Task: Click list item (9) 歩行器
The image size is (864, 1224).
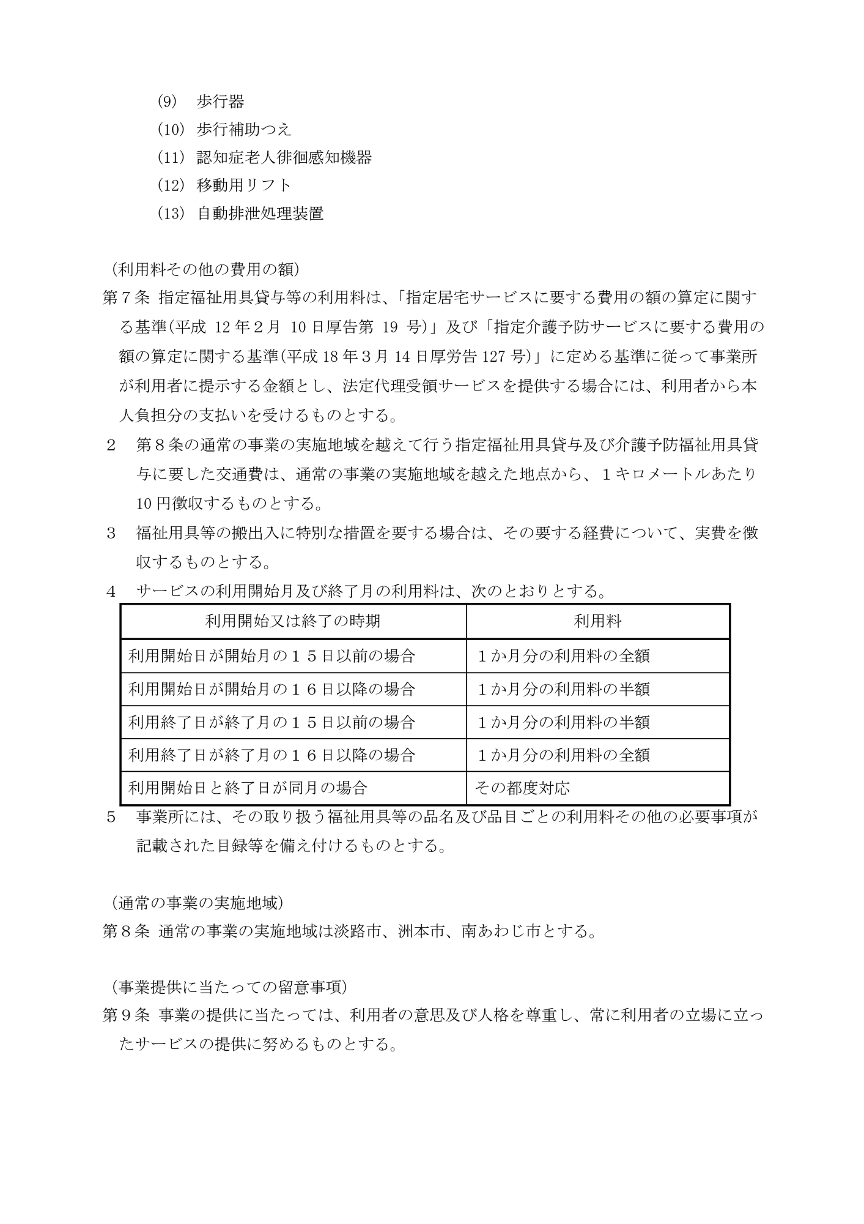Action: click(201, 102)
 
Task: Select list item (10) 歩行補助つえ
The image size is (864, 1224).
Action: click(224, 130)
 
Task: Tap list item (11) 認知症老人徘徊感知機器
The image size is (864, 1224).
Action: click(264, 158)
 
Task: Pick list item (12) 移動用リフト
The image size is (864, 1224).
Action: click(224, 185)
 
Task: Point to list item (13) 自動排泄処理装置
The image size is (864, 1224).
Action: click(240, 214)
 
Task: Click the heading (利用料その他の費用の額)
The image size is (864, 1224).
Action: click(205, 269)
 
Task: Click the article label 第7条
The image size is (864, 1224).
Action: click(125, 298)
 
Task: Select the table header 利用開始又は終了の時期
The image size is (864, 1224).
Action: click(293, 622)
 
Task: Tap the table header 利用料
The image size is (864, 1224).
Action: click(597, 622)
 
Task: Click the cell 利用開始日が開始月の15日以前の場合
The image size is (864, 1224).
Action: click(272, 656)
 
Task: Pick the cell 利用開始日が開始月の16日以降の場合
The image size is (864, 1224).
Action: click(272, 689)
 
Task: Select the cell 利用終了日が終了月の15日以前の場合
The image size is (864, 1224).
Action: click(272, 722)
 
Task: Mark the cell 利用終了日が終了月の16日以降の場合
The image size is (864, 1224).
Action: click(272, 755)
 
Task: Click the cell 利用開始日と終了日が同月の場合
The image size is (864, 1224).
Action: click(248, 788)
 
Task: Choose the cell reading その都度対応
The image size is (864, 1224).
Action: click(522, 788)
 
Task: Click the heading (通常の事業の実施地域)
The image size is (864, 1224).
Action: click(197, 903)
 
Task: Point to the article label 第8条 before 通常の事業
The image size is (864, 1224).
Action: click(125, 931)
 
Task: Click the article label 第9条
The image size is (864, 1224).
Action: click(125, 1016)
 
